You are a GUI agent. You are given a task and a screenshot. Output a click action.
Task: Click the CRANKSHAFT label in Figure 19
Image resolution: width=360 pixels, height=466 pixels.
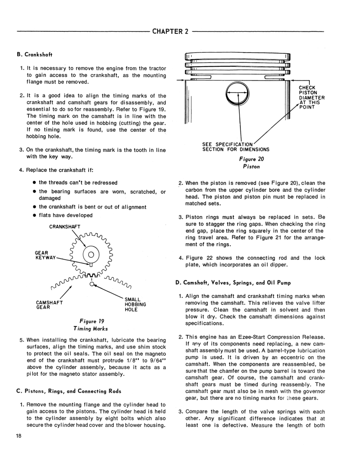point(65,226)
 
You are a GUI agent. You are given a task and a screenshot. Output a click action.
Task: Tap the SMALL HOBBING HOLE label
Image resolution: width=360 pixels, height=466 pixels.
point(135,304)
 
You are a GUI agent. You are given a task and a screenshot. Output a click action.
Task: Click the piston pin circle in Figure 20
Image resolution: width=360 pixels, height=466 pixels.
point(239,93)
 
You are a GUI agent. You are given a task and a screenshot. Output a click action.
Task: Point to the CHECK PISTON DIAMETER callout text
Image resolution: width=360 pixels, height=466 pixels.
point(311,98)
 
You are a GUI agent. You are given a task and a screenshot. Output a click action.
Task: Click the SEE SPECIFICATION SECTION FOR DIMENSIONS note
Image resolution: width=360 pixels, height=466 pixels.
point(236,147)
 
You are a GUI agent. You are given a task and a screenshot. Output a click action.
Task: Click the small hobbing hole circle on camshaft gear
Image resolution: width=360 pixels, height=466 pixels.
point(91,285)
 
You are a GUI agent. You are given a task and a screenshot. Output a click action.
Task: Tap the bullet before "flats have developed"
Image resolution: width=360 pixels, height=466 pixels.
point(35,215)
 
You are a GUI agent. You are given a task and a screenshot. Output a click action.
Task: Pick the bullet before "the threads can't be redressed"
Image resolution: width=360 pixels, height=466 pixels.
point(35,182)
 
